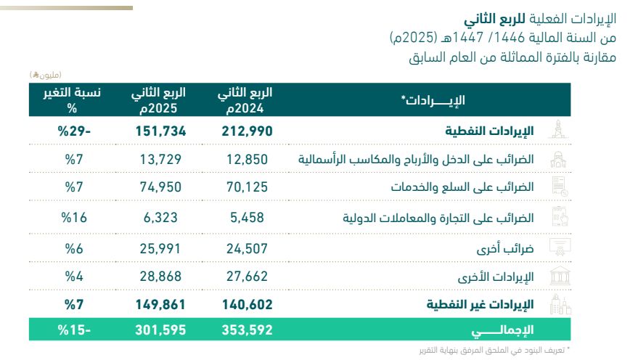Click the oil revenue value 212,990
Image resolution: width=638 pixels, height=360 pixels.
247,131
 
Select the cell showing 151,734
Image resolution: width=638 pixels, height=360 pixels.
160,131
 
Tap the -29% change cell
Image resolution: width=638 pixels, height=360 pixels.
74,131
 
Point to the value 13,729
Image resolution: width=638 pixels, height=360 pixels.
160,159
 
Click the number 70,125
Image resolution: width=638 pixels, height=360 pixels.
247,187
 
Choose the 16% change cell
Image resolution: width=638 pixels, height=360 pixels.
74,217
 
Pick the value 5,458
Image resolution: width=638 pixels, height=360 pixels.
247,217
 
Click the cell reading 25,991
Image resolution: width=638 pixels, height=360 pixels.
160,248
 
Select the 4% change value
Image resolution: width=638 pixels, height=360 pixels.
74,277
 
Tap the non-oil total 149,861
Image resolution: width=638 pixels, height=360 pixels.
160,304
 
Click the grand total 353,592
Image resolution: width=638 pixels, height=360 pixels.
247,330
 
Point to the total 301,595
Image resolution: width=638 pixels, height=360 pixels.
160,330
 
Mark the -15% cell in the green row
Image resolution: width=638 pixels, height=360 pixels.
74,330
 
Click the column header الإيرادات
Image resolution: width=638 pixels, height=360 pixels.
433,99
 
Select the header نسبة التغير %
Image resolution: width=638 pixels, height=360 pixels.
72,99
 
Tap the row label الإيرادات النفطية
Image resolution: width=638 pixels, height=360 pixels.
489,131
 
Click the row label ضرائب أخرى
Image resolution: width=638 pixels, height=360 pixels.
505,248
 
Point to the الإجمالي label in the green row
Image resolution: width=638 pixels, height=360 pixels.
502,330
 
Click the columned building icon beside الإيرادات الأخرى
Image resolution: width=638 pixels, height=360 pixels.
560,277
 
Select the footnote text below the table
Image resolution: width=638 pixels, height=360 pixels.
494,350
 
